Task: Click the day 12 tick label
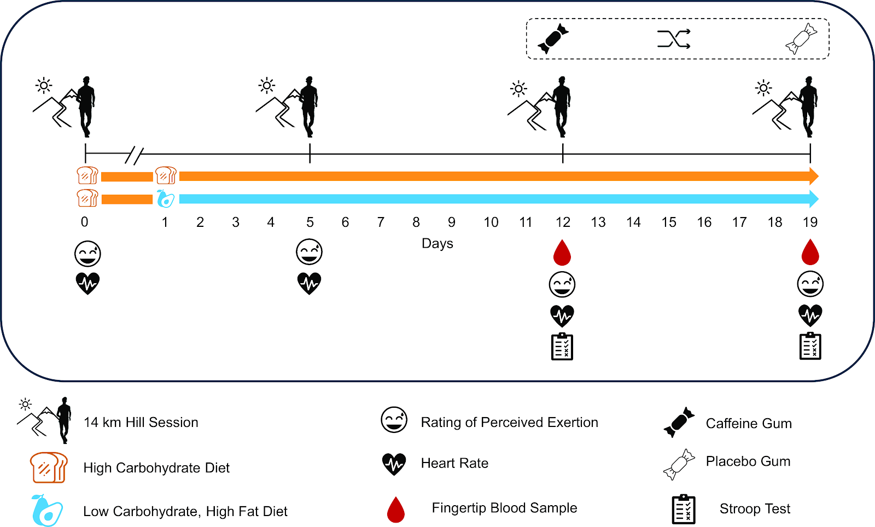click(563, 222)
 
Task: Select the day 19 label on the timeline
click(810, 222)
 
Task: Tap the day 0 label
click(84, 222)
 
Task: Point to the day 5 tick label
click(310, 222)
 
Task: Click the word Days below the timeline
click(437, 243)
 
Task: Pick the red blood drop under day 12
click(562, 253)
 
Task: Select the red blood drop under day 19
click(810, 253)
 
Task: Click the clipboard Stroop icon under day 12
click(562, 347)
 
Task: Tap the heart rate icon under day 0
click(87, 284)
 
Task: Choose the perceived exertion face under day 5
click(309, 252)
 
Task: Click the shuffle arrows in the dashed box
click(674, 39)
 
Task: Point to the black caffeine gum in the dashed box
click(553, 39)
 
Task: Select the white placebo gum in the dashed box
click(801, 39)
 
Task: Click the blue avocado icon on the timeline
click(165, 199)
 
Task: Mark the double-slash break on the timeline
click(134, 155)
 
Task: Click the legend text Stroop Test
click(755, 509)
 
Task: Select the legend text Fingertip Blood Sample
click(504, 508)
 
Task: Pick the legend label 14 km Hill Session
click(141, 423)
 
